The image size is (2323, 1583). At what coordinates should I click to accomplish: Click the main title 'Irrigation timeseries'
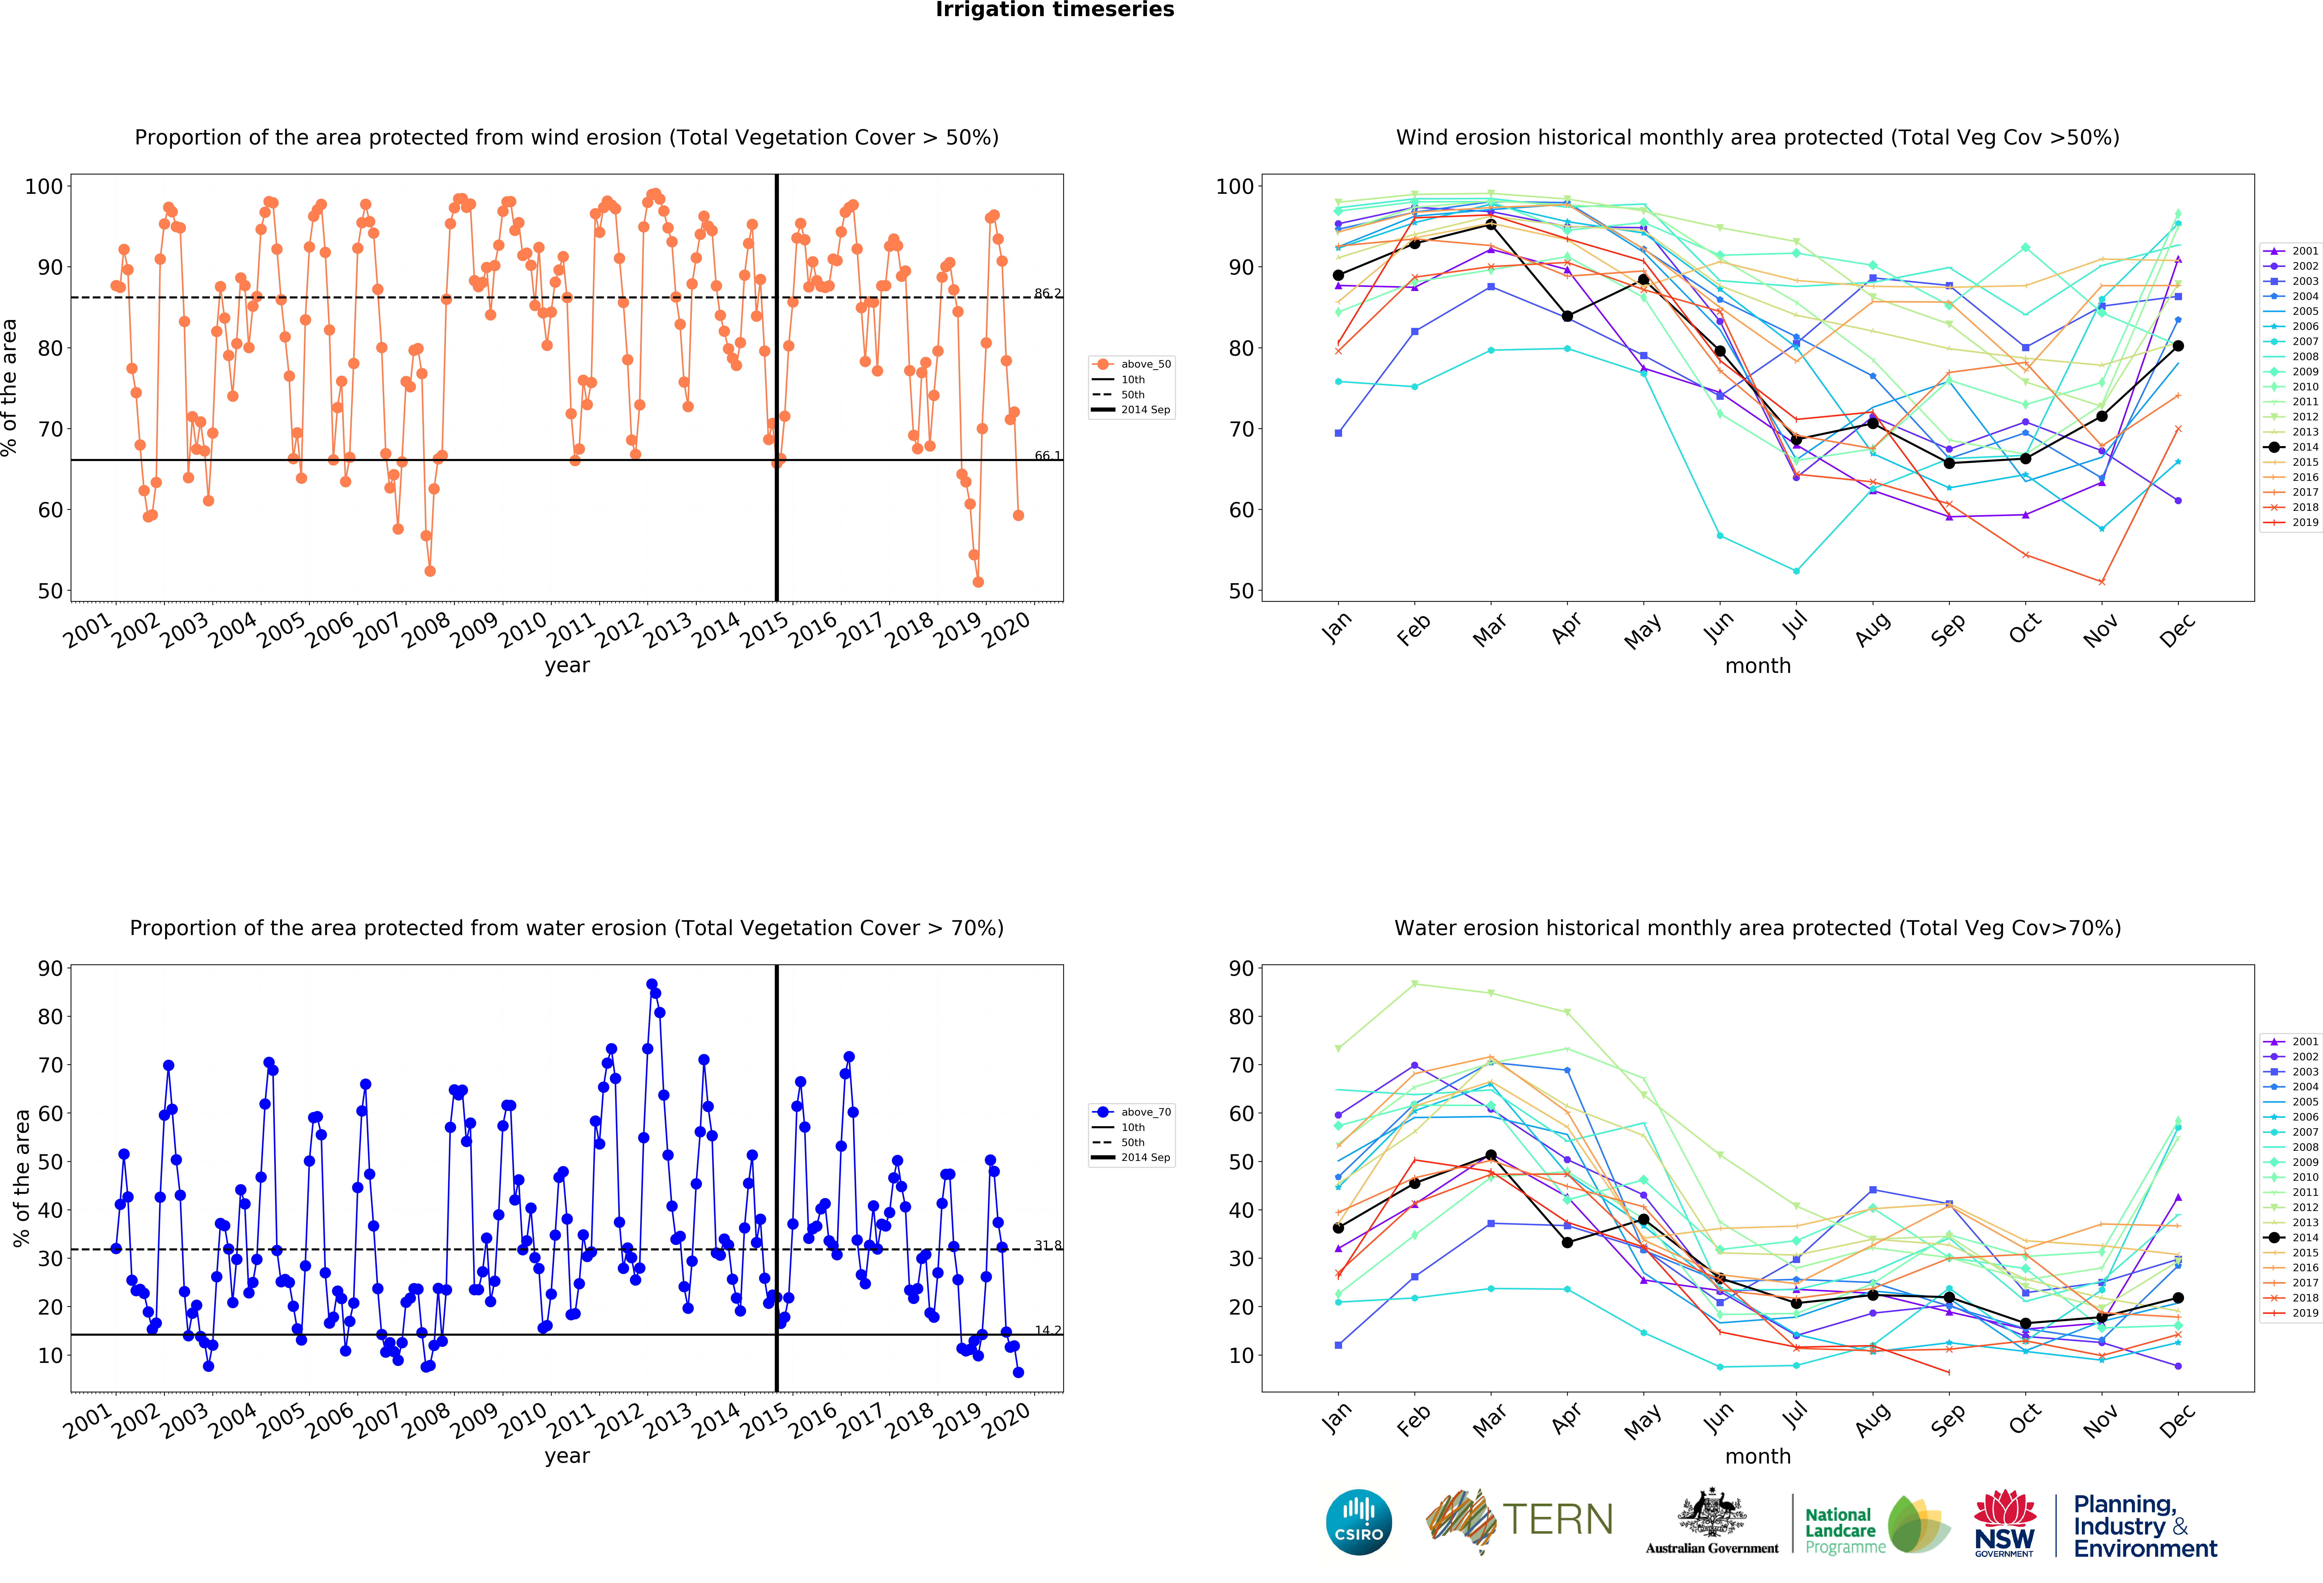(1055, 10)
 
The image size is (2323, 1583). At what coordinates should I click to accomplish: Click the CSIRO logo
(1358, 1522)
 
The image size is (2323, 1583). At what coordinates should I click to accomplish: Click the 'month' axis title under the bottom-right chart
(1757, 1456)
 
